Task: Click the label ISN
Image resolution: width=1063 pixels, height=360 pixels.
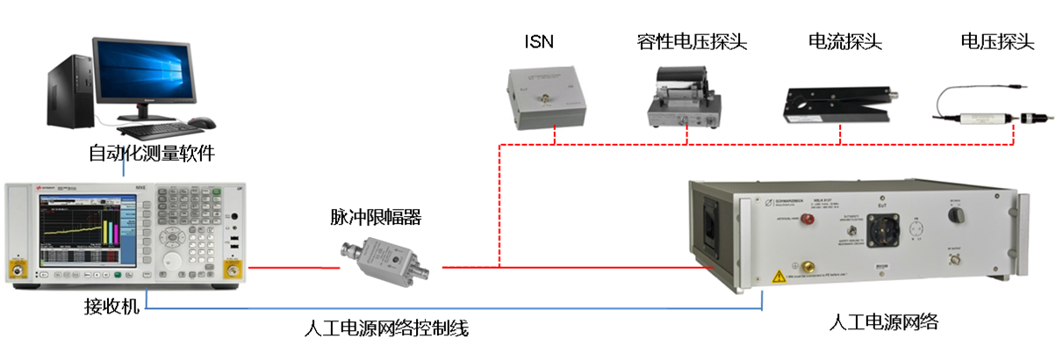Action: tap(539, 41)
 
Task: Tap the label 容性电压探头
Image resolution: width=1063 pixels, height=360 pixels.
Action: tap(693, 41)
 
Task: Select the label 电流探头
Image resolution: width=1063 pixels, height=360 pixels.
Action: tap(844, 41)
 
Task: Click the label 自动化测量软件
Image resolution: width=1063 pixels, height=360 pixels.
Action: tap(152, 154)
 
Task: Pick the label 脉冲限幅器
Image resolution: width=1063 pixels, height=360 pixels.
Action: tap(376, 217)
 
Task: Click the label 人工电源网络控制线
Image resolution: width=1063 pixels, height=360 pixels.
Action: tap(386, 329)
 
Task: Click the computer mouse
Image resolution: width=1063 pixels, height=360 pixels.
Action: tap(203, 122)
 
